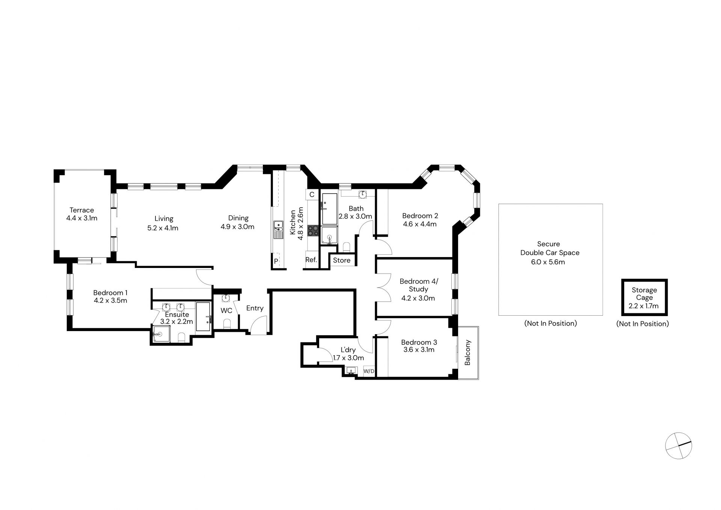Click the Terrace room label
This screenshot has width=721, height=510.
[81, 210]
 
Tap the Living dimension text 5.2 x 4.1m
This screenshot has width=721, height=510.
[163, 228]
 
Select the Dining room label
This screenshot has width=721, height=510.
[238, 218]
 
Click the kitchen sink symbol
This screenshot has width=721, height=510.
[278, 230]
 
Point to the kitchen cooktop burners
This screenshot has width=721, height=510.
[313, 230]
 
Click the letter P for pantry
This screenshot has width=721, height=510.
[276, 261]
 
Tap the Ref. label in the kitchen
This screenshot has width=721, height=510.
[311, 260]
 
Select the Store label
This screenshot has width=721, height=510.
[342, 260]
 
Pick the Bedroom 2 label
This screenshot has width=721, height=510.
[420, 216]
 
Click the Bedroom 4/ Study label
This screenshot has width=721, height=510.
[419, 285]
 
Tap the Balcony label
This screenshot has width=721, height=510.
[468, 353]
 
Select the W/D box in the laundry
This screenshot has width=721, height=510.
[369, 371]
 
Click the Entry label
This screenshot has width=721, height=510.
[255, 308]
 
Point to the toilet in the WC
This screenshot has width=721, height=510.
[226, 324]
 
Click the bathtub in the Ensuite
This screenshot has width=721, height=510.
[204, 316]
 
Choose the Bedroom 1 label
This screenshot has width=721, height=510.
[110, 293]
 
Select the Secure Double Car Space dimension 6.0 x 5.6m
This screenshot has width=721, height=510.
[548, 262]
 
